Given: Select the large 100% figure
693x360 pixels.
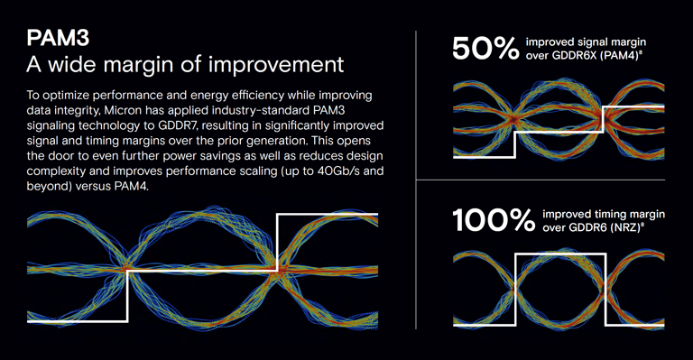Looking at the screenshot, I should [x=493, y=222].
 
